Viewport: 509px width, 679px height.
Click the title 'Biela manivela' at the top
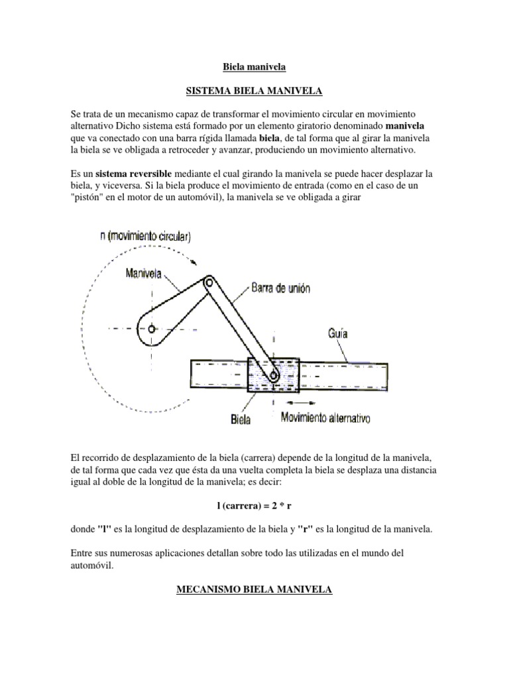[254, 66]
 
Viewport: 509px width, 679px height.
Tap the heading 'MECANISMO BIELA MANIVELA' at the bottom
[254, 589]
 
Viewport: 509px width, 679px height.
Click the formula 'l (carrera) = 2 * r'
[254, 505]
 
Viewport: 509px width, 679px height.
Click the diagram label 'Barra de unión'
[282, 288]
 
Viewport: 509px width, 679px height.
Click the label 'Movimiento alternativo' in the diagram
[325, 418]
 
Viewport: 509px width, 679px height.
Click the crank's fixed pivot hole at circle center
[152, 329]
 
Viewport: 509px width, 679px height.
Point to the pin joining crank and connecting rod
[209, 282]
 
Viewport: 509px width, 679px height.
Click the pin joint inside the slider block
[272, 376]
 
